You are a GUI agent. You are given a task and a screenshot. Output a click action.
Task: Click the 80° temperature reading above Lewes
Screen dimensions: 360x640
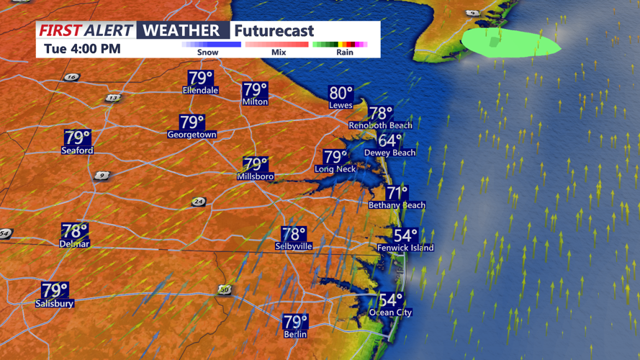point(341,93)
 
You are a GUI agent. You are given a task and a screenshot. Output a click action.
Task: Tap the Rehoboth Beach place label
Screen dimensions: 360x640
point(380,125)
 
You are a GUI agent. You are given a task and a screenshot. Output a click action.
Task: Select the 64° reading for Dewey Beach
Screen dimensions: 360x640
point(390,141)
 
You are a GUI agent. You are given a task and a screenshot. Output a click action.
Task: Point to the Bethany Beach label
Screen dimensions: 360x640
point(397,205)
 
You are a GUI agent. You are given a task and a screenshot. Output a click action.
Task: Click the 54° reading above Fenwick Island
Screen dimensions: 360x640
point(405,236)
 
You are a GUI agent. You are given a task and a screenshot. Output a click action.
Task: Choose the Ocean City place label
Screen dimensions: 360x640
point(391,312)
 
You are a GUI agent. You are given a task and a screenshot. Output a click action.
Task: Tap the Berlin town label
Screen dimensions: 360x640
point(295,334)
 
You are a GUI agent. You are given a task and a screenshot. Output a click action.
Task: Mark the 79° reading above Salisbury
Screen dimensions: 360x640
point(55,290)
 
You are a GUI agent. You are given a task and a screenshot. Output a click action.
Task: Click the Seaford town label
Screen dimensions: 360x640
point(77,150)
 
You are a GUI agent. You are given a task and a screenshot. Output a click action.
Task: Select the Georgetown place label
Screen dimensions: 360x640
point(192,135)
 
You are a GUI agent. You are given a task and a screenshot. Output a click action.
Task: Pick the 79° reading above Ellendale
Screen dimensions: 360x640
point(200,78)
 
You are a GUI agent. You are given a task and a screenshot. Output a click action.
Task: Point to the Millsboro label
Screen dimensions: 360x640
point(256,176)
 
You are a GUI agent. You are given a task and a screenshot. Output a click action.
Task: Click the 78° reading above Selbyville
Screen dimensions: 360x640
point(294,234)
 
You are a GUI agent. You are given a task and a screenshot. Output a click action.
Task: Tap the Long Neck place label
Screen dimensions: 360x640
point(335,169)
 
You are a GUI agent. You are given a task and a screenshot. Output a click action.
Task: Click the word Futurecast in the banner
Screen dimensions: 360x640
point(274,31)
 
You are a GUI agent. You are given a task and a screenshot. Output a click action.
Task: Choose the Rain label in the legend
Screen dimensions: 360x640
point(344,52)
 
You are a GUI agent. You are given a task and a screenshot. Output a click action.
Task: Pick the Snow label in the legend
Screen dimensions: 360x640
point(208,52)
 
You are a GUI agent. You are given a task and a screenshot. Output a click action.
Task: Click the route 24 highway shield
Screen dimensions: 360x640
point(198,202)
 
